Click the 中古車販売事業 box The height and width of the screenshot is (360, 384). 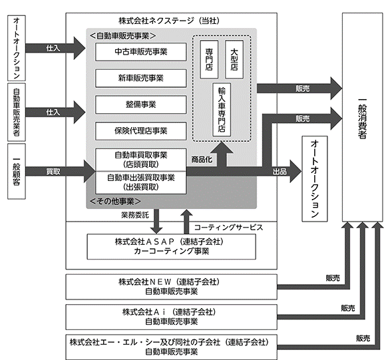[141, 52]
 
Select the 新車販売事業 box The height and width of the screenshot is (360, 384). [141, 79]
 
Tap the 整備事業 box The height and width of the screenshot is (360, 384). [141, 105]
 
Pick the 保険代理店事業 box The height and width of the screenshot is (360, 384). [141, 131]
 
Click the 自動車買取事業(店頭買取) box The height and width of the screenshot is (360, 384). [141, 160]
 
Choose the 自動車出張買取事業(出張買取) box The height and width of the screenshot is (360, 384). [141, 183]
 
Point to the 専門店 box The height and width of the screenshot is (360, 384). [209, 59]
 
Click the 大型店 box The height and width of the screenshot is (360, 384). [234, 59]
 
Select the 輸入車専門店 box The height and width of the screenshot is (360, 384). [222, 110]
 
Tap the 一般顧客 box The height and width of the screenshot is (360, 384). [17, 171]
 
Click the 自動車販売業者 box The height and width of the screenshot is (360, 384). [17, 112]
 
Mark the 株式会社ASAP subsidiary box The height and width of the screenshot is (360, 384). [172, 247]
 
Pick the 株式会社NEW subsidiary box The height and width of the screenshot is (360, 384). [172, 287]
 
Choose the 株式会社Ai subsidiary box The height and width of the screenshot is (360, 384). [172, 317]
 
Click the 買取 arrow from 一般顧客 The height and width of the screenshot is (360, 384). [61, 172]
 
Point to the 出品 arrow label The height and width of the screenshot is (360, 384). [280, 172]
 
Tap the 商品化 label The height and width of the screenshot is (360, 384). [202, 160]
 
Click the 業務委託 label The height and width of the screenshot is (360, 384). [135, 215]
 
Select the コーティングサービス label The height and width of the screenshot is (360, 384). [228, 228]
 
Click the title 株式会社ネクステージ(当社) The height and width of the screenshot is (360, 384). [169, 21]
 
